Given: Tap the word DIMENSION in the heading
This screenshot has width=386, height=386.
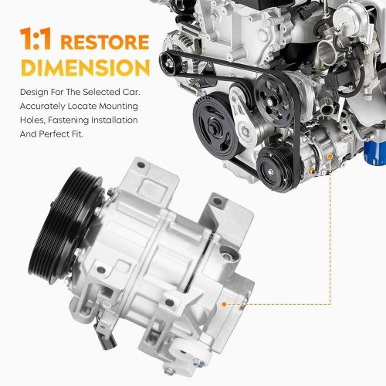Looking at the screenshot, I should (x=74, y=66).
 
